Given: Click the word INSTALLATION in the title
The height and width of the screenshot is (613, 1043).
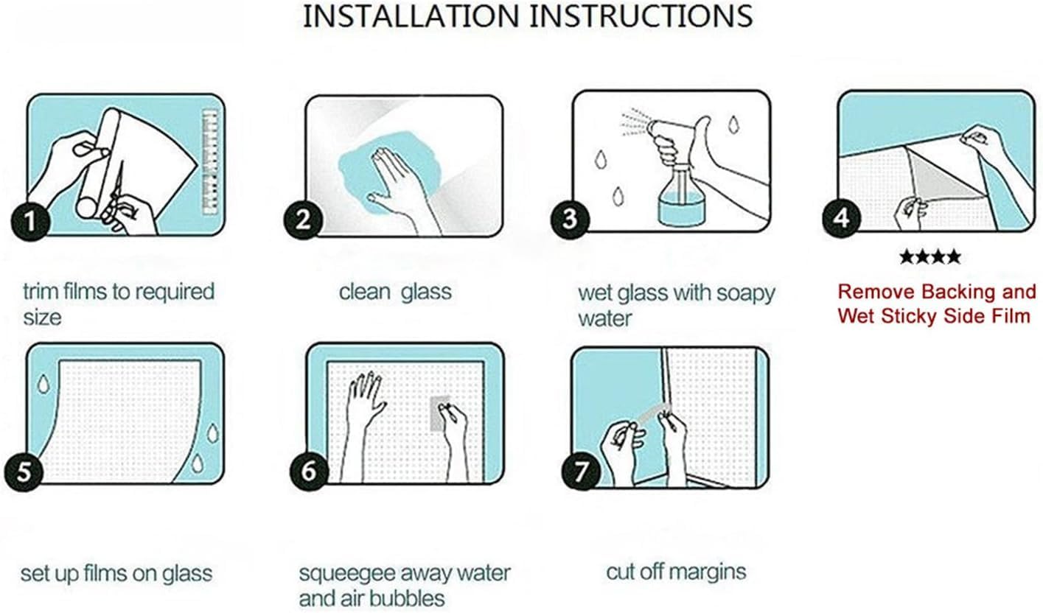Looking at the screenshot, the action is coord(411,16).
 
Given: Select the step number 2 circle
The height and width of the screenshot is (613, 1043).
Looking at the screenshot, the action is coord(303,220).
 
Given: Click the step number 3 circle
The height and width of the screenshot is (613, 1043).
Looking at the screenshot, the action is coord(570,220).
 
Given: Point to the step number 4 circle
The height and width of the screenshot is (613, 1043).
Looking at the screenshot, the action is coord(841,218).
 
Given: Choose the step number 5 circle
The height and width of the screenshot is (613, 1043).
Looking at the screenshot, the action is coord(24,471).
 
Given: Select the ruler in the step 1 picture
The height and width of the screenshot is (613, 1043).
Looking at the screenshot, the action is coord(211,162).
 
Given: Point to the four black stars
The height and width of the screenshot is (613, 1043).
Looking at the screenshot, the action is coord(929,256).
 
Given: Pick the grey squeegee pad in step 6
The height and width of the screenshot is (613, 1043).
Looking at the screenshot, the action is coord(441,413).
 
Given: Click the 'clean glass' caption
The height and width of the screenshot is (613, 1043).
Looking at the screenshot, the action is coord(395,293).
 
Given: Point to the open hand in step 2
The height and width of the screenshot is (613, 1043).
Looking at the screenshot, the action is coord(400,186).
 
